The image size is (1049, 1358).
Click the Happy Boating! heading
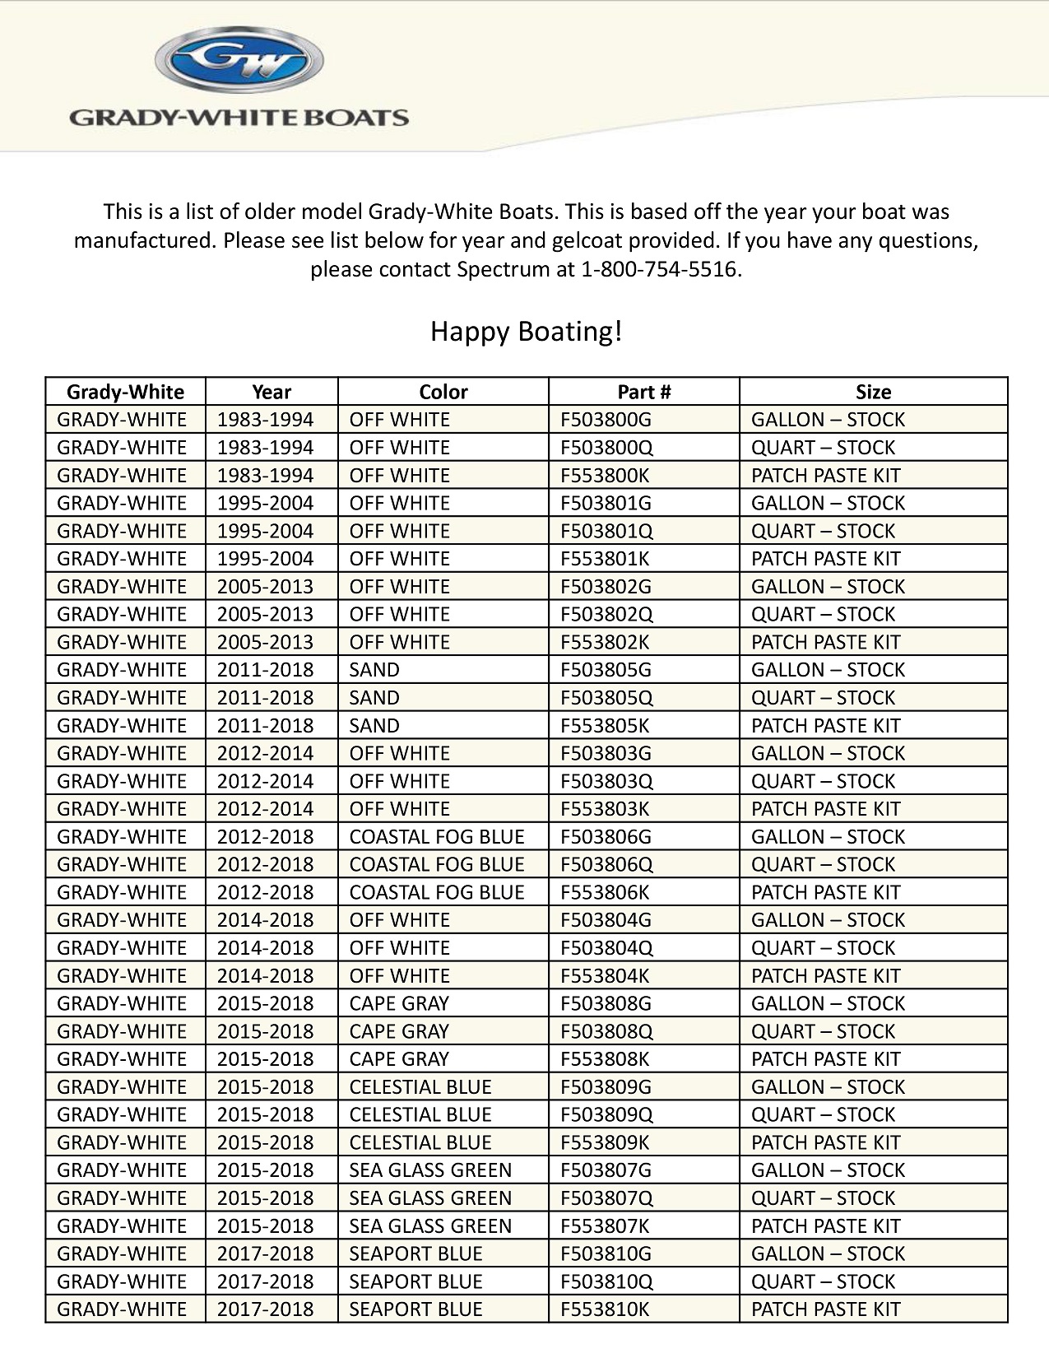527,332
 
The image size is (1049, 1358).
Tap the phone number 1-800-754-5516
660,269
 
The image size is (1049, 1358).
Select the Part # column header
643,392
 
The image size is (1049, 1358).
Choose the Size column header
873,392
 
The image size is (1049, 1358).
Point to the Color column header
443,392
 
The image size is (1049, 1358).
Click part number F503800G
606,420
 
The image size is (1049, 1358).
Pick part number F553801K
605,559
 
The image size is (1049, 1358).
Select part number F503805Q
606,698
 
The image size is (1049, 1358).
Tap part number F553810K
605,1309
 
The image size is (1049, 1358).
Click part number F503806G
606,837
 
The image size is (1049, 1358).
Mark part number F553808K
605,1059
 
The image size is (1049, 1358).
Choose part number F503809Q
606,1114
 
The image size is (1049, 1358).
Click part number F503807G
606,1170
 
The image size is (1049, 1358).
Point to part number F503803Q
606,781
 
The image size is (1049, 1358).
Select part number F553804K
605,975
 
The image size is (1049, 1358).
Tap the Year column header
272,392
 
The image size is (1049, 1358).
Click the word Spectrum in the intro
503,269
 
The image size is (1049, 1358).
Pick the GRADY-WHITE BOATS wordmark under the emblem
239,117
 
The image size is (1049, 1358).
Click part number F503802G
606,587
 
